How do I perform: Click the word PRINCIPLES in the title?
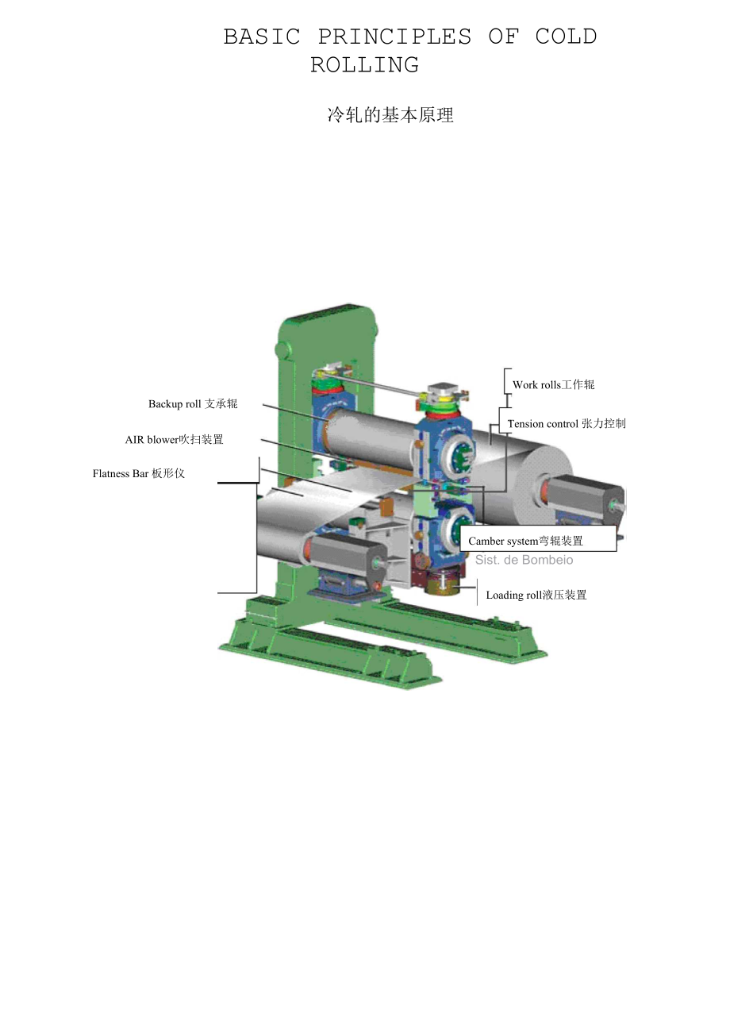click(394, 37)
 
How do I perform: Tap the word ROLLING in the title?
click(364, 65)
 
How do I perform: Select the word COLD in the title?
click(566, 37)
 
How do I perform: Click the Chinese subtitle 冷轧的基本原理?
click(390, 115)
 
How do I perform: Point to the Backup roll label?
click(193, 404)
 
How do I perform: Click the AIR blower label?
click(175, 440)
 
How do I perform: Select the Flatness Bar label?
click(139, 473)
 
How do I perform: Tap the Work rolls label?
click(554, 384)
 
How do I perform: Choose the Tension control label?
click(567, 424)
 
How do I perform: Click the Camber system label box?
click(538, 538)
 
